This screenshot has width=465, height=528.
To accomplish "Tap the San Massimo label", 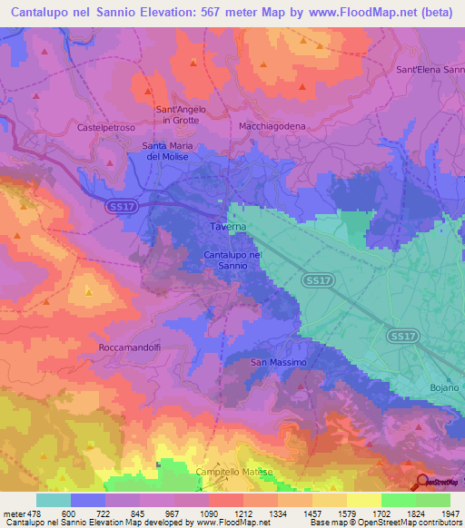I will pos(279,363).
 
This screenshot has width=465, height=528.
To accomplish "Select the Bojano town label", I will pos(444,387).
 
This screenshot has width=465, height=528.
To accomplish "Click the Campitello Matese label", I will pos(234,472).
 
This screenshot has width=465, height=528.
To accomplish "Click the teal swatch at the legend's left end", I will pos(54,500).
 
